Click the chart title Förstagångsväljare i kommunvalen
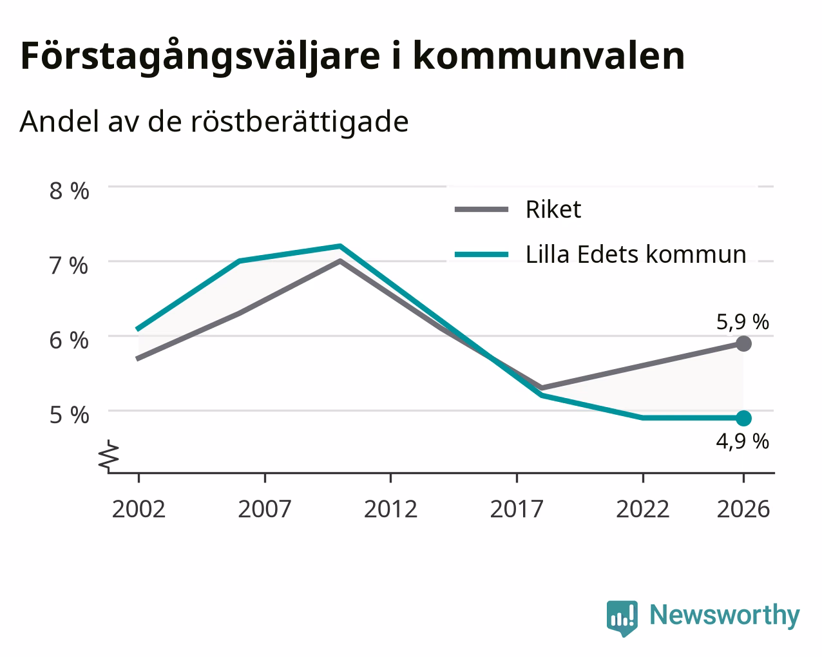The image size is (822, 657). click(x=352, y=57)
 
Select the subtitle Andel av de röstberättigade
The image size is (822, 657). click(x=214, y=122)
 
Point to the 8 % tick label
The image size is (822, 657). click(x=69, y=191)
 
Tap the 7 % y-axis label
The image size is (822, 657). click(x=69, y=266)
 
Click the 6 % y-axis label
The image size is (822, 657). click(x=69, y=340)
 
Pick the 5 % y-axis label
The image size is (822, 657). click(x=69, y=415)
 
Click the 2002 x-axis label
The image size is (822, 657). click(x=139, y=509)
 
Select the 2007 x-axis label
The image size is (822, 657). click(x=265, y=509)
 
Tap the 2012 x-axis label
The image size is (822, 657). click(x=391, y=509)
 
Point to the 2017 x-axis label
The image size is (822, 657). click(x=517, y=509)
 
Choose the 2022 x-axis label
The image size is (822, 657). click(x=643, y=509)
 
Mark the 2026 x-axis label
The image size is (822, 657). click(x=743, y=509)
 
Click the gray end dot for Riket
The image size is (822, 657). click(x=743, y=344)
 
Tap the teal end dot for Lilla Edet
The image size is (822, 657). click(x=743, y=418)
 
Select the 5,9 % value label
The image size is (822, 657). click(x=743, y=322)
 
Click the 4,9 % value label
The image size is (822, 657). click(x=743, y=442)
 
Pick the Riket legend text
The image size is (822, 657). click(x=553, y=209)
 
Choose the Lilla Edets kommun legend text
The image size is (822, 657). click(x=636, y=254)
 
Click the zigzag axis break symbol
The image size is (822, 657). click(x=109, y=455)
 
